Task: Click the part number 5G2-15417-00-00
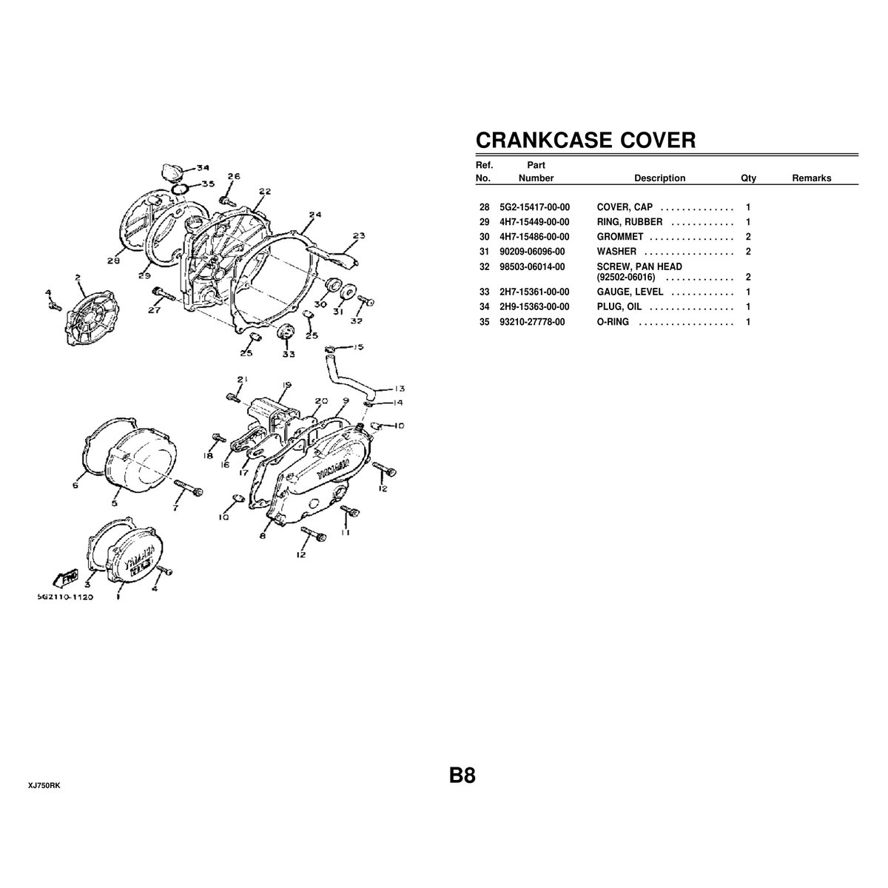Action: click(534, 207)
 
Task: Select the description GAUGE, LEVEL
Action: click(630, 292)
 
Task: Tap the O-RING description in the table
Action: click(613, 322)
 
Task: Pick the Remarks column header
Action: click(812, 178)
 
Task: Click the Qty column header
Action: click(748, 178)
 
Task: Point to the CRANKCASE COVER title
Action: click(585, 140)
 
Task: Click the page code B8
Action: click(462, 776)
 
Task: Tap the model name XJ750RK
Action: click(44, 786)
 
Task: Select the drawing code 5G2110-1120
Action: click(65, 596)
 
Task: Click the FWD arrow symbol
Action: click(66, 578)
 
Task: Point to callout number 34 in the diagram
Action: click(203, 168)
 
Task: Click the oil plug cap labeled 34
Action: click(172, 172)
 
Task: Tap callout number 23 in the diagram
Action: click(358, 235)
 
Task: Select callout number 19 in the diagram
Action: click(286, 385)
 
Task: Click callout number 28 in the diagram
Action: click(113, 260)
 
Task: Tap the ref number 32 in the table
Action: click(484, 267)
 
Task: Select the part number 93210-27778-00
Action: click(532, 322)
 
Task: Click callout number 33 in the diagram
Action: click(289, 354)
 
